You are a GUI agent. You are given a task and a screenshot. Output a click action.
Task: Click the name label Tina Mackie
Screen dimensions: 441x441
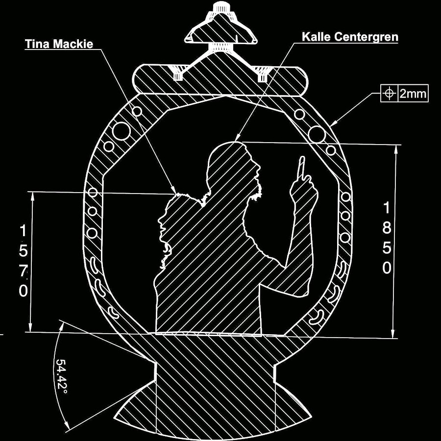pyautogui.click(x=59, y=44)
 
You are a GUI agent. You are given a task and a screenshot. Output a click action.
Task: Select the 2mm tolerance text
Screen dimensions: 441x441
pyautogui.click(x=413, y=94)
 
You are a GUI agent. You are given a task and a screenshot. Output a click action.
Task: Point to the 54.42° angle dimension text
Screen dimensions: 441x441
pyautogui.click(x=61, y=375)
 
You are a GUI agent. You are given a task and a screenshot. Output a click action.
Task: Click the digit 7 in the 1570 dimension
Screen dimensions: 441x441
pyautogui.click(x=24, y=270)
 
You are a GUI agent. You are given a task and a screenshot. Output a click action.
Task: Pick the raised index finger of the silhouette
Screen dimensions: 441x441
pyautogui.click(x=302, y=166)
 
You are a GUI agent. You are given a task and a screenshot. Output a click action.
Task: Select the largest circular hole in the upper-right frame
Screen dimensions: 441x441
pyautogui.click(x=318, y=132)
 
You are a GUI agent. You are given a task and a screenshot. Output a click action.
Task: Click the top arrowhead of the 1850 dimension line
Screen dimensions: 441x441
pyautogui.click(x=395, y=148)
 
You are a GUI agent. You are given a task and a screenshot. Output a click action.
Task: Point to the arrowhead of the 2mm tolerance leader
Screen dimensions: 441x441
pyautogui.click(x=333, y=124)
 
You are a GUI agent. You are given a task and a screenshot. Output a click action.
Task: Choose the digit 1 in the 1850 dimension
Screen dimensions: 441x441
pyautogui.click(x=387, y=208)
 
